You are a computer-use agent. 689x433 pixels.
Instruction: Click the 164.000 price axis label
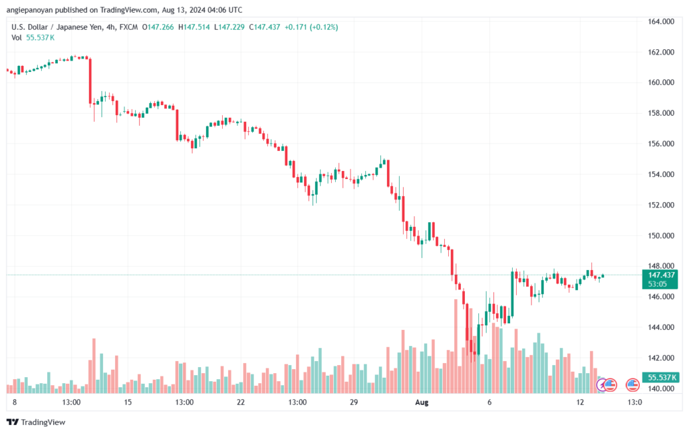tap(661, 22)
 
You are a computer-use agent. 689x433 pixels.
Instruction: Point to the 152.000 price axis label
tap(661, 205)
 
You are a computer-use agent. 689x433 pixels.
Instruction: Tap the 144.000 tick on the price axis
tap(661, 327)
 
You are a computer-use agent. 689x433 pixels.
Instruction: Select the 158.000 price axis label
tap(661, 113)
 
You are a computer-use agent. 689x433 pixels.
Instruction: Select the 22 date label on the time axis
tap(241, 402)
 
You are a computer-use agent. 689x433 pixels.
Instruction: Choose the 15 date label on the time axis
tap(128, 402)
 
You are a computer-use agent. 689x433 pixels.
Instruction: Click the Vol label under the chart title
tap(17, 38)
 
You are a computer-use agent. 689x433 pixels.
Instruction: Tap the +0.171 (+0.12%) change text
tap(312, 27)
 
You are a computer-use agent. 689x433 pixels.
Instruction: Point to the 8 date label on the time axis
tap(14, 402)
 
